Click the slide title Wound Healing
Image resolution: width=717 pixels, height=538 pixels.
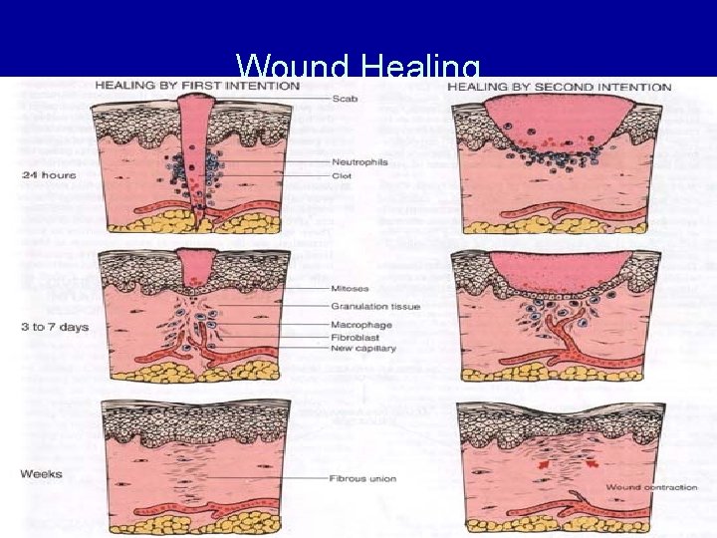tap(358, 67)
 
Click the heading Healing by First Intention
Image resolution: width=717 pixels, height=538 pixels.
tap(196, 87)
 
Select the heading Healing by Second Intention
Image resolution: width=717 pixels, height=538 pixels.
tap(559, 87)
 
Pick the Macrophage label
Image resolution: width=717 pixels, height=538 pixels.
tap(360, 325)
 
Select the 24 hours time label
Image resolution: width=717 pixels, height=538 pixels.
tap(48, 174)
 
